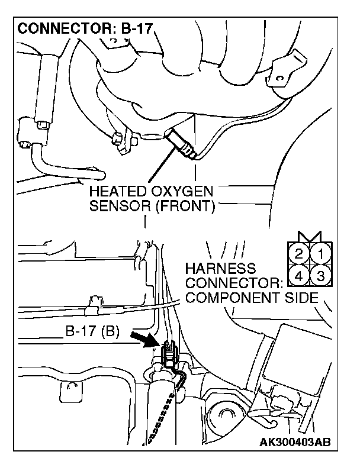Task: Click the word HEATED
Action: point(111,193)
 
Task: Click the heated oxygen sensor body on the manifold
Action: point(181,144)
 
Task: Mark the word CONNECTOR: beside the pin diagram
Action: point(232,283)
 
